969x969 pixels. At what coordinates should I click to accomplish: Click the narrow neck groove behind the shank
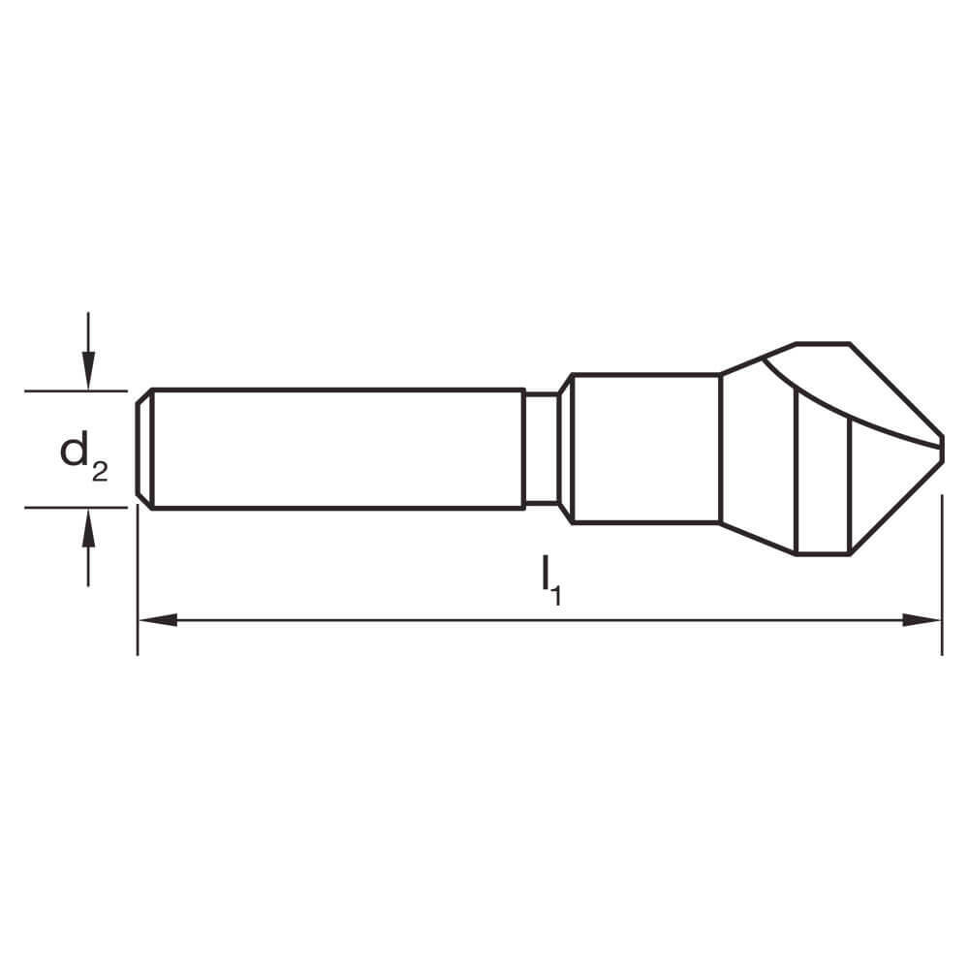pos(541,449)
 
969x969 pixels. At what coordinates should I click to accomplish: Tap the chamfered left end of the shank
pos(143,449)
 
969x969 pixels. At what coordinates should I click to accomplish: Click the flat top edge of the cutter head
pos(823,343)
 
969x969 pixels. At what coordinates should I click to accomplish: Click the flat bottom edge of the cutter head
pos(823,554)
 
